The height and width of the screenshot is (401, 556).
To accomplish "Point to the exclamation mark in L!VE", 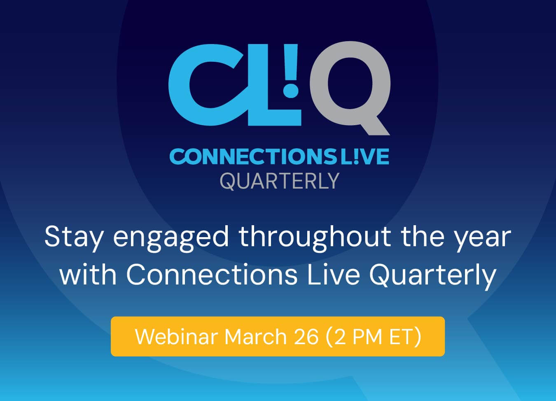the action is (x=356, y=156).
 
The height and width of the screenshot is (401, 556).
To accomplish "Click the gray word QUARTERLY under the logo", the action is (x=280, y=182).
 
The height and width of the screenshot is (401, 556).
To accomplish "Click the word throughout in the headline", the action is (x=315, y=238).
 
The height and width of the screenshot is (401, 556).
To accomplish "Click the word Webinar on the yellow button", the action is (x=177, y=336).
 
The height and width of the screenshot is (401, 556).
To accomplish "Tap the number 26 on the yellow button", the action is (x=306, y=337).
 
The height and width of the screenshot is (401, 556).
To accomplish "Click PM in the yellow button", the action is (x=367, y=337).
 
